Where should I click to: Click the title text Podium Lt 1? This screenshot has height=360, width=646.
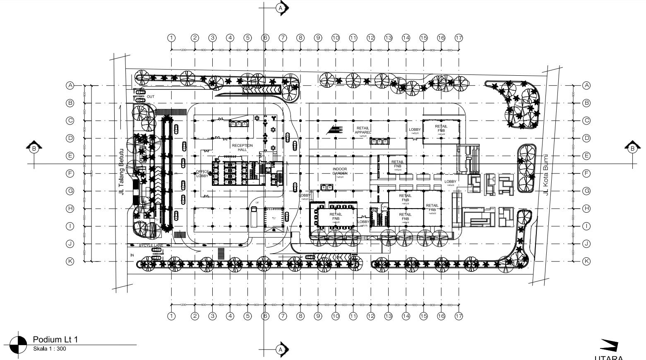55,339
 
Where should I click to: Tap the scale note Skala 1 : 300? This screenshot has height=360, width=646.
49,348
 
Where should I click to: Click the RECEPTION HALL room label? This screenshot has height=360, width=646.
242,147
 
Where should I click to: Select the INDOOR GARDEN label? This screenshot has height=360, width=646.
340,171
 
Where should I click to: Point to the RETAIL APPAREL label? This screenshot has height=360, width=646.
362,130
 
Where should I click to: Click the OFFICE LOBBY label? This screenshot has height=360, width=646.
202,174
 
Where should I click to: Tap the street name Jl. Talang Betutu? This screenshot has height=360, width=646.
121,172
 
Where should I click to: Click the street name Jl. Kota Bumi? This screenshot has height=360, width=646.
546,174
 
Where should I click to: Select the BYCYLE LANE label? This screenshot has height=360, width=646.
151,245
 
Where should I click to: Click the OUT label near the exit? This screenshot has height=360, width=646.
151,97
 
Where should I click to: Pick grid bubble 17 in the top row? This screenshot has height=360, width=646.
459,38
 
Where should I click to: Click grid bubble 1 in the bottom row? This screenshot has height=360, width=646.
171,316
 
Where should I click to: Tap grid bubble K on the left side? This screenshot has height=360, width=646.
70,261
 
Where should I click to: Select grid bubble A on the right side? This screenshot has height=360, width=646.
586,85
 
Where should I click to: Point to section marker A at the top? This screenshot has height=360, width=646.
281,8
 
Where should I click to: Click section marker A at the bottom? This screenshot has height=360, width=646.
281,350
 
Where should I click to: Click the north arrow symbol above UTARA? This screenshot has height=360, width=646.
609,346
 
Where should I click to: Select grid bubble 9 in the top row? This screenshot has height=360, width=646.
318,38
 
